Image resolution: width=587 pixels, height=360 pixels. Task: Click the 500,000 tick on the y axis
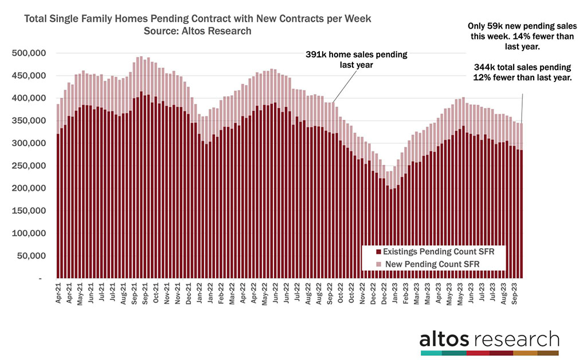[x=30, y=53]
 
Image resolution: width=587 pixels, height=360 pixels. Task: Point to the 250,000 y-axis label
[x=30, y=166]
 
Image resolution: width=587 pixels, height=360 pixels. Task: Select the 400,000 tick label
[x=30, y=98]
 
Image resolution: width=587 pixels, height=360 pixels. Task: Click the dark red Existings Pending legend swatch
[x=370, y=252]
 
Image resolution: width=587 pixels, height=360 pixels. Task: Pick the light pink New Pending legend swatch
[x=370, y=263]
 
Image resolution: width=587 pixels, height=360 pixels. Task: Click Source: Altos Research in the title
[x=198, y=31]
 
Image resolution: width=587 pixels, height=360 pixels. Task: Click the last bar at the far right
[x=521, y=201]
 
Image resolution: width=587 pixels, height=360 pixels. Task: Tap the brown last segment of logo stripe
[x=547, y=353]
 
